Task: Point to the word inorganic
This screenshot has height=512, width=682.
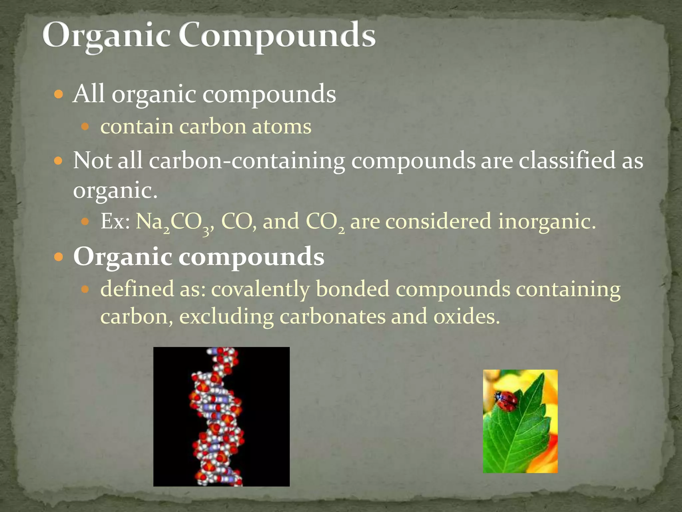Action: (x=546, y=221)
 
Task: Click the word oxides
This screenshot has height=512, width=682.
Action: (x=466, y=316)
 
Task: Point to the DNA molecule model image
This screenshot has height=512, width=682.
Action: (x=221, y=416)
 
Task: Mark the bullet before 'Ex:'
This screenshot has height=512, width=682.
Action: (x=86, y=221)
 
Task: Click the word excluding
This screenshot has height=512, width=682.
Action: (x=226, y=316)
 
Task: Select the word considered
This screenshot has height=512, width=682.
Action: (x=438, y=221)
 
